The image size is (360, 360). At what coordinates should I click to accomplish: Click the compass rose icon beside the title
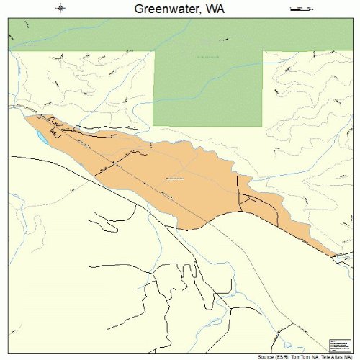(x=61, y=9)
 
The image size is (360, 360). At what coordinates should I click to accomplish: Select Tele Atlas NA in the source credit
(x=333, y=356)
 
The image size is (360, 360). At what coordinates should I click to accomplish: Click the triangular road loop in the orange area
(x=252, y=201)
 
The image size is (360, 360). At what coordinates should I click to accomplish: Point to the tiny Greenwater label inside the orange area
(x=175, y=177)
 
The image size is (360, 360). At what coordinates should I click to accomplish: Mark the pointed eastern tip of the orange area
(x=336, y=254)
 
